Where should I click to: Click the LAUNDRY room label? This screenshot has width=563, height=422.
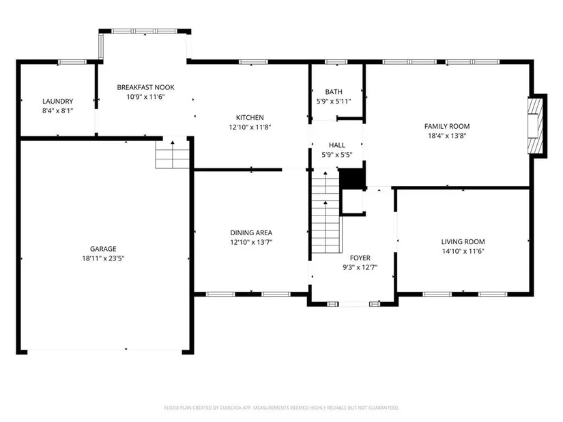(x=57, y=101)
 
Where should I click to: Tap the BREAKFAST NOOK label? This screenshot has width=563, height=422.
(x=145, y=87)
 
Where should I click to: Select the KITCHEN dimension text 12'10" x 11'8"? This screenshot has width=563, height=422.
(x=250, y=127)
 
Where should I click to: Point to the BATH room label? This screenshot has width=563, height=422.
(x=334, y=92)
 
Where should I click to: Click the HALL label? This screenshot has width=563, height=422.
(x=337, y=145)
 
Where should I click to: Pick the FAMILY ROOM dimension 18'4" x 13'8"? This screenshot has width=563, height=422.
(x=447, y=136)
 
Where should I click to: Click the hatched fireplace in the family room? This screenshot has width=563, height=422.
(x=534, y=126)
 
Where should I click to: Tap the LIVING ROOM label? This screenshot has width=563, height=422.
(x=463, y=242)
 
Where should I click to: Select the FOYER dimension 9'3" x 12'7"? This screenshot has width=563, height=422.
(x=360, y=267)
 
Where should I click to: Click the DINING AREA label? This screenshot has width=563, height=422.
(x=251, y=233)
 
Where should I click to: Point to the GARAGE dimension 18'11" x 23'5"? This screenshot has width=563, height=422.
(x=103, y=258)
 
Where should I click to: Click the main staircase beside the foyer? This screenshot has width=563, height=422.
(x=326, y=212)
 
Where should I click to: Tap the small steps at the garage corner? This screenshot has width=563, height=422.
(x=173, y=154)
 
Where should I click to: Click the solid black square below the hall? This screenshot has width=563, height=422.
(x=352, y=179)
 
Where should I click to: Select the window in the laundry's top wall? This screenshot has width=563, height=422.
(x=72, y=62)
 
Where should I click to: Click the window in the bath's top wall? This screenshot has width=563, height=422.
(x=336, y=62)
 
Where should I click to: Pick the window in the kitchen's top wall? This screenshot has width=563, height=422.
(x=253, y=62)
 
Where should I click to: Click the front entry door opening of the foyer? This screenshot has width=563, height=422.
(x=353, y=304)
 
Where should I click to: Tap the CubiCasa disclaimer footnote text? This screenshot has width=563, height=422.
(x=281, y=408)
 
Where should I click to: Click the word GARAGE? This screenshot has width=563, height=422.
(x=103, y=249)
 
